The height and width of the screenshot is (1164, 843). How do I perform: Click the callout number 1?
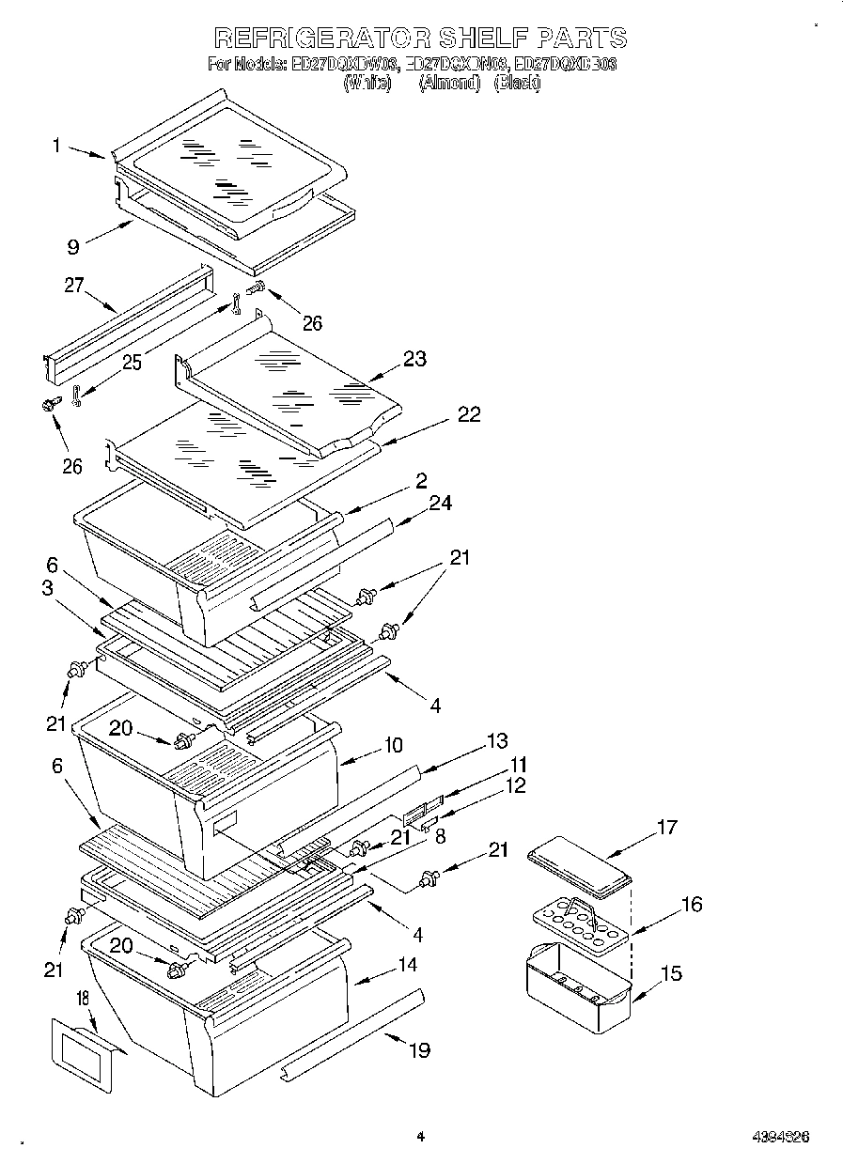[57, 145]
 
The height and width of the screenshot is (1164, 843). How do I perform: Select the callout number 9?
[72, 248]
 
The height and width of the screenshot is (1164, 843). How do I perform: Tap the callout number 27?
[75, 286]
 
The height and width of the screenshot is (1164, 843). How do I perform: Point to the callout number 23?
[414, 358]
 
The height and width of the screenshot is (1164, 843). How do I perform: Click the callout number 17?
[666, 828]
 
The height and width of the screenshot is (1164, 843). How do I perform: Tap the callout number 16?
[691, 905]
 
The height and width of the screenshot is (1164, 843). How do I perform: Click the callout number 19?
[418, 1049]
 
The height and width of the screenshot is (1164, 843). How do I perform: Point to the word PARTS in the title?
[581, 39]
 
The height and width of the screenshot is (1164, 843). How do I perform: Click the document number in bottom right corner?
[780, 1137]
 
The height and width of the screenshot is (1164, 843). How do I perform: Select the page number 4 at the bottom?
[421, 1137]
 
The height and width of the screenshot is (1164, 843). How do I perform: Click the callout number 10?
[392, 745]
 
